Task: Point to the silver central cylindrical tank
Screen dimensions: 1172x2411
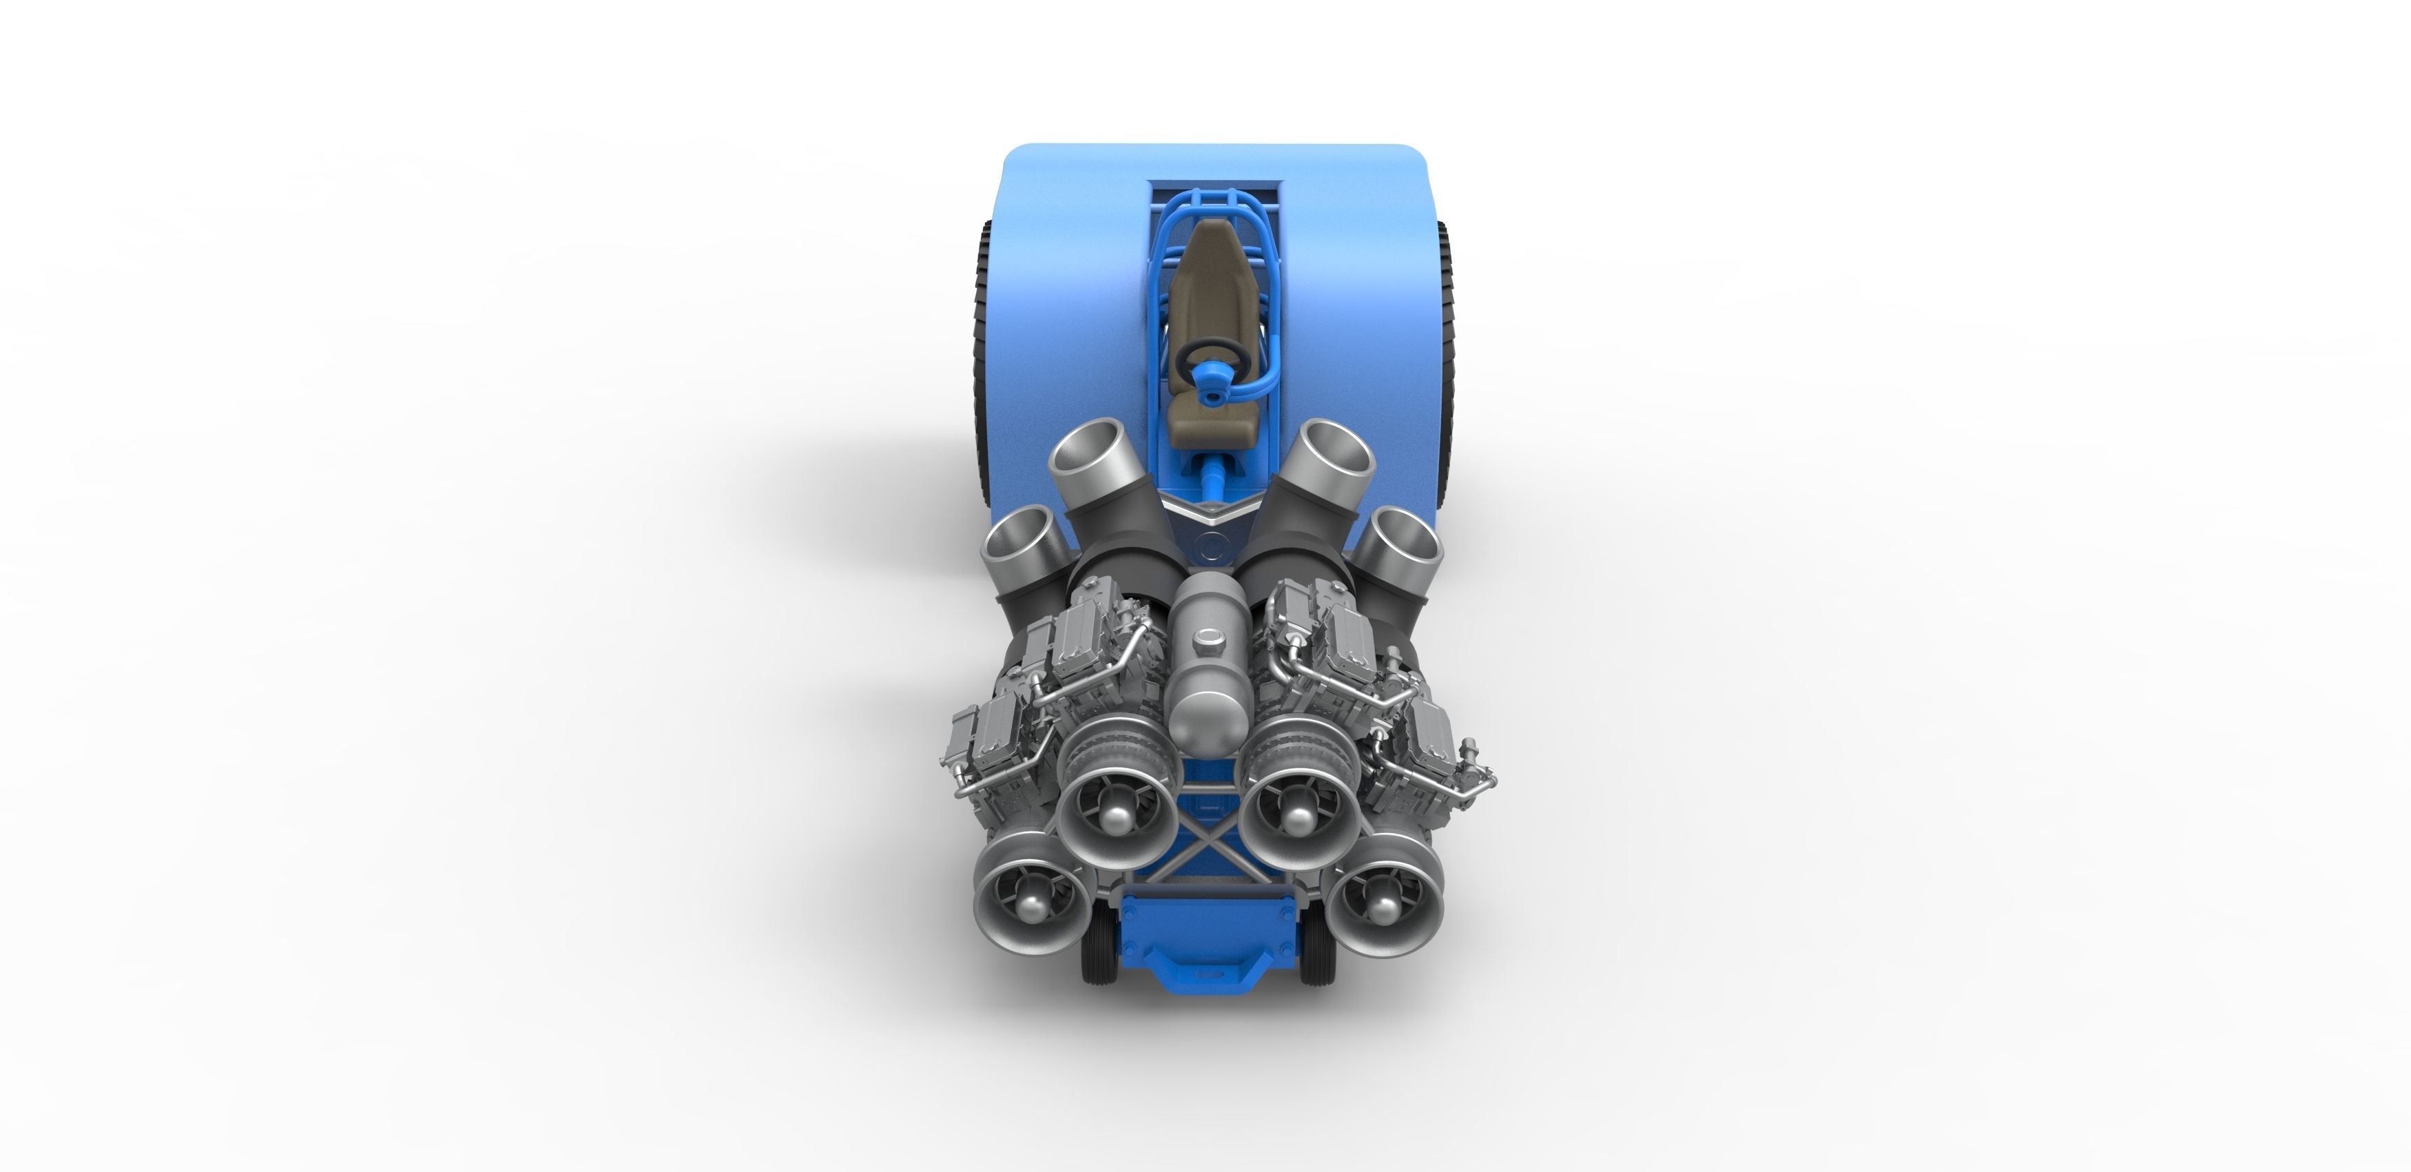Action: click(x=1208, y=674)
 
